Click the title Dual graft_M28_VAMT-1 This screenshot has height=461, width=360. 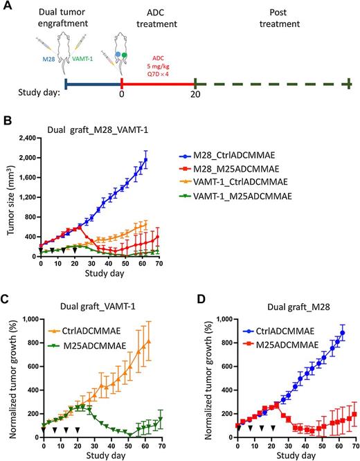coord(96,129)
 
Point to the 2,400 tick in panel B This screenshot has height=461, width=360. coord(26,138)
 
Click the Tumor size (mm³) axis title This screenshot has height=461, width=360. coord(8,197)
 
